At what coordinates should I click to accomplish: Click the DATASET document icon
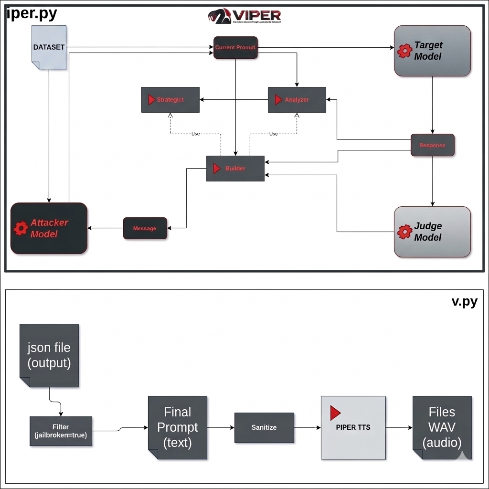coord(49,47)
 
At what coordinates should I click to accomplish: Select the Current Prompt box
coord(235,48)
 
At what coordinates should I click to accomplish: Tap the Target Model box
coord(432,51)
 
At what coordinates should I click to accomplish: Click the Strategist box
coord(170,100)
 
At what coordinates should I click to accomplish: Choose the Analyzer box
coord(297,100)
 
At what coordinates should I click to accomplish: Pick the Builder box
coord(235,169)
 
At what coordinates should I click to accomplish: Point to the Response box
coord(432,145)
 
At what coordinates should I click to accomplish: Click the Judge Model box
coord(432,232)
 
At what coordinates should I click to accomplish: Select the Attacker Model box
coord(49,228)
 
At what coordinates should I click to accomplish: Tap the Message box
coord(145,228)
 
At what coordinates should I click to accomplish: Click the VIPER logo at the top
coord(244,16)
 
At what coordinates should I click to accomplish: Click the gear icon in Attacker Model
coord(21,228)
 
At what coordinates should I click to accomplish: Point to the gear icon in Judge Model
coord(404,232)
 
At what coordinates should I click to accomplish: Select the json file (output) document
coord(49,355)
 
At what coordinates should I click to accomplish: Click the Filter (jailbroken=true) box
coord(61,431)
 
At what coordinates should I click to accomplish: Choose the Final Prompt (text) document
coord(177,428)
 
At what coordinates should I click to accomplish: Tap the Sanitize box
coord(264,427)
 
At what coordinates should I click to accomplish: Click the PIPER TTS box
coord(353,427)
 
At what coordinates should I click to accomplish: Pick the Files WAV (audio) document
coord(442,427)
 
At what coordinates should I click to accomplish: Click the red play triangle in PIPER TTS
coord(335,413)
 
